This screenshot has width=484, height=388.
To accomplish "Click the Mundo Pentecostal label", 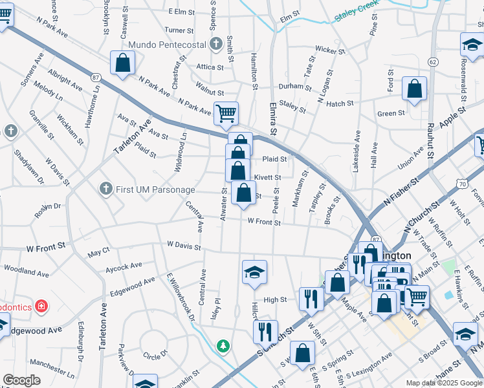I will pyautogui.click(x=167, y=45).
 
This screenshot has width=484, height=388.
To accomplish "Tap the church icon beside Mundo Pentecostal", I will pyautogui.click(x=217, y=45).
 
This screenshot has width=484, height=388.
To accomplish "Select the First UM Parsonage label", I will pyautogui.click(x=155, y=189).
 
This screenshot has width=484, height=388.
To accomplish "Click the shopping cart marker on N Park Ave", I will pyautogui.click(x=226, y=114).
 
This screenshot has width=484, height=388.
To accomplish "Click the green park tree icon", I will pyautogui.click(x=223, y=347).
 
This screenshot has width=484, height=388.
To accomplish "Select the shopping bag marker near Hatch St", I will pyautogui.click(x=414, y=89).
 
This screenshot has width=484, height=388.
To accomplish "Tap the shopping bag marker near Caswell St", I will pyautogui.click(x=122, y=63).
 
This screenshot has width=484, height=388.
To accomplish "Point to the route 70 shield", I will pyautogui.click(x=462, y=184).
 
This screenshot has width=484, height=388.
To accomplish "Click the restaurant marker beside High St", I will pyautogui.click(x=311, y=299).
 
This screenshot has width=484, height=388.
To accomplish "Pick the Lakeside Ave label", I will pyautogui.click(x=357, y=153).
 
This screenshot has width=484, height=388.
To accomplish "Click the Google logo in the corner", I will pyautogui.click(x=21, y=380).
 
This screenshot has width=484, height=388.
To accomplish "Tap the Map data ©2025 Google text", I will pyautogui.click(x=444, y=383).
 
